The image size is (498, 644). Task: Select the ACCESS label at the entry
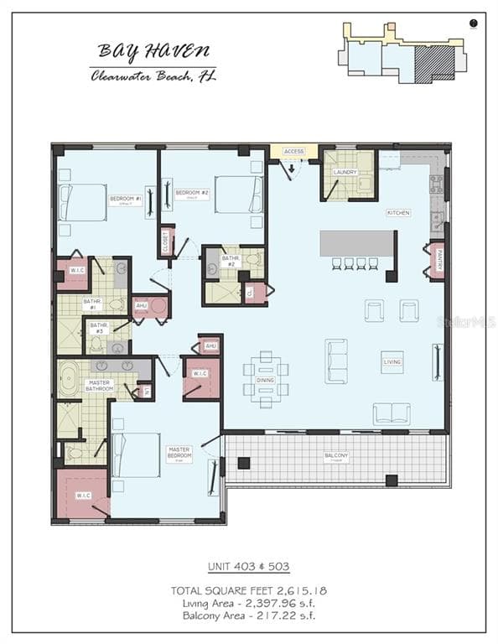coord(293,152)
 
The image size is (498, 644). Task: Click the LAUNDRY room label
coord(345,173)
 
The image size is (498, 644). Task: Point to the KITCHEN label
coord(398,213)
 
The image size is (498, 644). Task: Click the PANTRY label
coord(438,259)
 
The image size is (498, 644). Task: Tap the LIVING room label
coord(392,362)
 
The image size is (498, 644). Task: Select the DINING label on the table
coord(266,380)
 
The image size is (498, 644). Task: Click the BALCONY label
coord(336,457)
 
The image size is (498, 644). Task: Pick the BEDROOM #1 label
coord(125,200)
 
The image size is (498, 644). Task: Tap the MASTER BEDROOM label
coord(180,451)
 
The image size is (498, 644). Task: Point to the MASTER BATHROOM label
coord(100,386)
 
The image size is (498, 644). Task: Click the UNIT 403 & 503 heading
coord(248,567)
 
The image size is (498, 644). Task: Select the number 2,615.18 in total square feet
coord(299,590)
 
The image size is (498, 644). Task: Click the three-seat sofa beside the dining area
coord(337,361)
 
